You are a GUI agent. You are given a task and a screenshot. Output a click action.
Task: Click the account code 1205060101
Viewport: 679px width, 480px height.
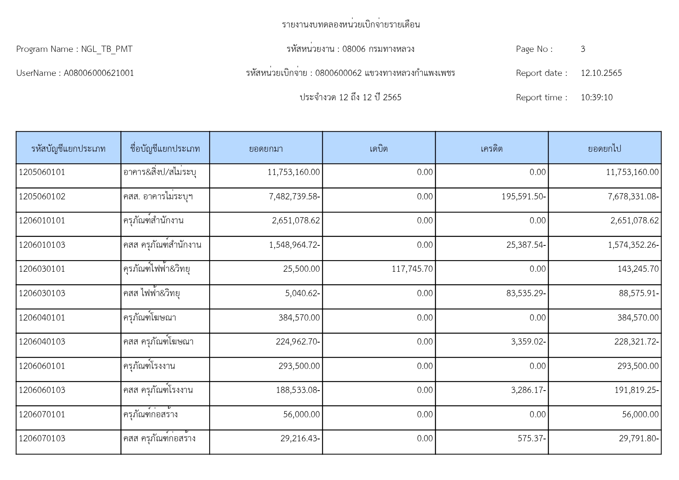pyautogui.click(x=42, y=172)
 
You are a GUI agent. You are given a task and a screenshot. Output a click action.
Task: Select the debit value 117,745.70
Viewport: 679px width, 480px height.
pyautogui.click(x=412, y=269)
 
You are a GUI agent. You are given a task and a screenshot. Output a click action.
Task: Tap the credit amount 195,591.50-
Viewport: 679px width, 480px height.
pyautogui.click(x=523, y=197)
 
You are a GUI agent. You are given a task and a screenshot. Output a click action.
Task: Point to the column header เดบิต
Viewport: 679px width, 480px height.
pyautogui.click(x=378, y=149)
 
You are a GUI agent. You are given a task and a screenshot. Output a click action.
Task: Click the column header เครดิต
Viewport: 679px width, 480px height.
pyautogui.click(x=491, y=149)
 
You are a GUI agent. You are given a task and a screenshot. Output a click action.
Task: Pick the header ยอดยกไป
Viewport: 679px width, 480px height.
pyautogui.click(x=604, y=149)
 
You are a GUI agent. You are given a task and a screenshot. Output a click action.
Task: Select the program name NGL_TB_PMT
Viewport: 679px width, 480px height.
pyautogui.click(x=107, y=49)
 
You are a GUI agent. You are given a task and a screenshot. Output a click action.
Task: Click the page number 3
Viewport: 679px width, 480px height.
pyautogui.click(x=583, y=49)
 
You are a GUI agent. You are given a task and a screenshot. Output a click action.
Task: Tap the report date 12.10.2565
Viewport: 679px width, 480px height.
pyautogui.click(x=601, y=73)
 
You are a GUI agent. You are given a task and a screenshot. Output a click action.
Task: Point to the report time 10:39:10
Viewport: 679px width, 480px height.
pyautogui.click(x=596, y=98)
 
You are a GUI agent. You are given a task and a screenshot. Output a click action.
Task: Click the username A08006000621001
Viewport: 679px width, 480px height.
pyautogui.click(x=99, y=73)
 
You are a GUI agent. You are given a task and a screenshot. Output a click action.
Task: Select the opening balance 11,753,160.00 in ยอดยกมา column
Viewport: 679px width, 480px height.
pyautogui.click(x=294, y=172)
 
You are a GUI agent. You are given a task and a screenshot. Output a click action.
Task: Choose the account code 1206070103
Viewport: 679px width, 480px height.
pyautogui.click(x=42, y=439)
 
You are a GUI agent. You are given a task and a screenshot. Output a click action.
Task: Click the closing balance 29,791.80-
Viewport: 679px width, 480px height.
pyautogui.click(x=639, y=439)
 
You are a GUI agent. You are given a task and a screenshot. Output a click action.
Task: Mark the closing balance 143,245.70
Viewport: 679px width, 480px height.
pyautogui.click(x=638, y=269)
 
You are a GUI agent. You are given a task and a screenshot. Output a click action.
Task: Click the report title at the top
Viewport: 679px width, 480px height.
pyautogui.click(x=351, y=25)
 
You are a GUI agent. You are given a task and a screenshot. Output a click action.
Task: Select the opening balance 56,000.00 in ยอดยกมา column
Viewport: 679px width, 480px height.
pyautogui.click(x=301, y=415)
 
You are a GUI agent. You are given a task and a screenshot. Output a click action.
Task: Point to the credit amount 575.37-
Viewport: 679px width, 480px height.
pyautogui.click(x=532, y=439)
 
